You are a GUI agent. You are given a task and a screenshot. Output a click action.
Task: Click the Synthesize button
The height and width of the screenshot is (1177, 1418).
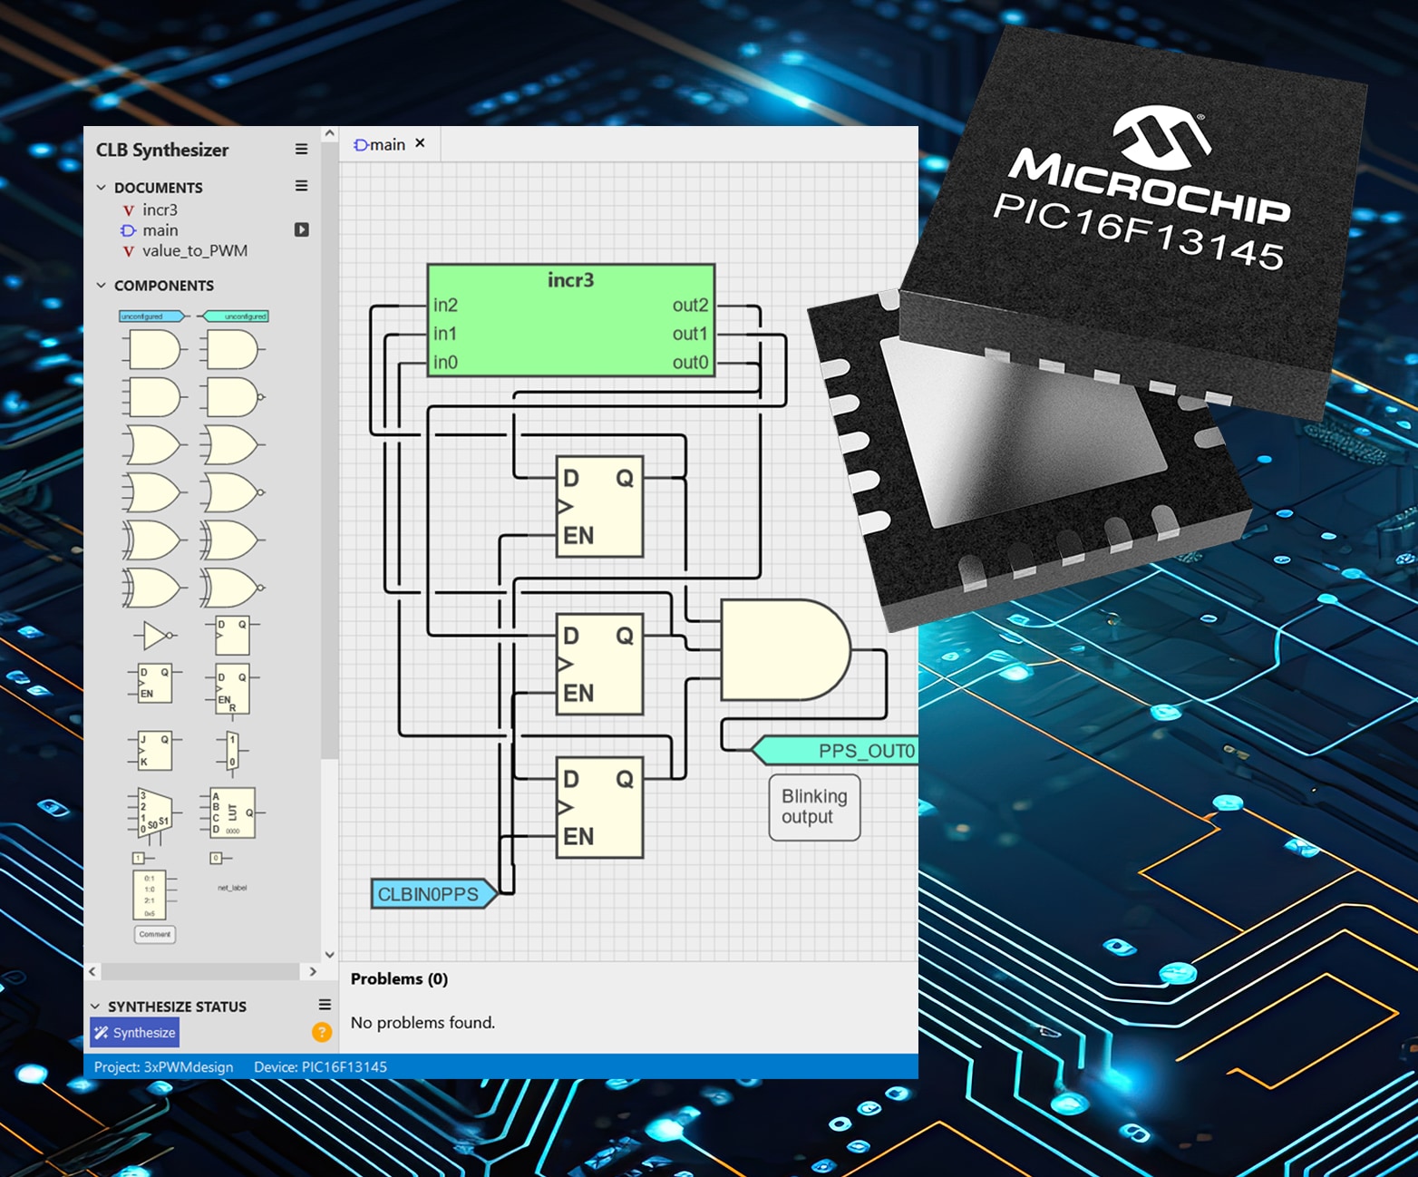[134, 1032]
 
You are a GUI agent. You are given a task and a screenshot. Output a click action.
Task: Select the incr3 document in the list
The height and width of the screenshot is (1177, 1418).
[160, 209]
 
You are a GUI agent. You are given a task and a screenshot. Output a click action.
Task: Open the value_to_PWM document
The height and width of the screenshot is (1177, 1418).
[194, 251]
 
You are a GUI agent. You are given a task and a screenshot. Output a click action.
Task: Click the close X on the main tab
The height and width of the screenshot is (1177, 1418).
[420, 143]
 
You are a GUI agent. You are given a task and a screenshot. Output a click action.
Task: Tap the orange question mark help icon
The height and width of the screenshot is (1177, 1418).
[321, 1032]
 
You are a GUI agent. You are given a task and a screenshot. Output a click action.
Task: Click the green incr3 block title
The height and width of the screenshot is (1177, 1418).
[570, 280]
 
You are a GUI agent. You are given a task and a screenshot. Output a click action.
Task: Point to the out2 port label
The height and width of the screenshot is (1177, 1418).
[689, 306]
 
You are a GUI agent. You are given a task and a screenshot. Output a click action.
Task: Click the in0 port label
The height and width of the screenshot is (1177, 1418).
[445, 363]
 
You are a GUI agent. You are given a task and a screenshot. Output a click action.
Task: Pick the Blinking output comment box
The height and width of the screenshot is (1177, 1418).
[814, 806]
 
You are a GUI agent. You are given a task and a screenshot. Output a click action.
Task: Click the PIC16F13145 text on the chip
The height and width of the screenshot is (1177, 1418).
[1139, 230]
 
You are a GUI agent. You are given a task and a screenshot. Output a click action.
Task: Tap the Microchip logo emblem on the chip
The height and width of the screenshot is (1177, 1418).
[1160, 136]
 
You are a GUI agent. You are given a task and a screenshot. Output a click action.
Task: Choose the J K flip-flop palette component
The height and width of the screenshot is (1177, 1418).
[152, 751]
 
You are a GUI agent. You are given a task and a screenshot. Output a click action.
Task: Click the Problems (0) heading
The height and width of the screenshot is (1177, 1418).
[399, 978]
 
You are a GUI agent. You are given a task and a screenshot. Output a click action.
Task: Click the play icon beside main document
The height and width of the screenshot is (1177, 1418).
[302, 230]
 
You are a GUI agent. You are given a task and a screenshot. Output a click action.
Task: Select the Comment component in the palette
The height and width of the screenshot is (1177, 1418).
[155, 934]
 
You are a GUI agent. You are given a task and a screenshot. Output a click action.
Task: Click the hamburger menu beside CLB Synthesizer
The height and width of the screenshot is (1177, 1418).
[301, 149]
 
